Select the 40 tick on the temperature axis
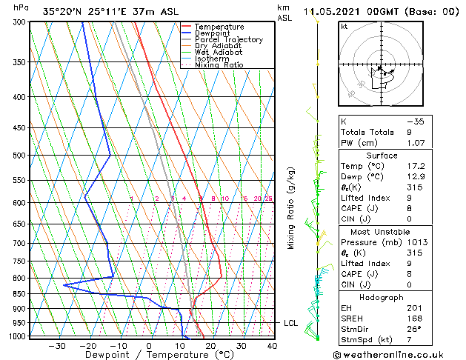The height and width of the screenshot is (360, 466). point(272,345)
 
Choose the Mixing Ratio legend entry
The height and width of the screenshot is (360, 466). point(219,65)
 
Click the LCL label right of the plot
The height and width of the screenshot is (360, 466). point(291,323)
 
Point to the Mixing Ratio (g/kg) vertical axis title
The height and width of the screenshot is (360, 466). point(292,208)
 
